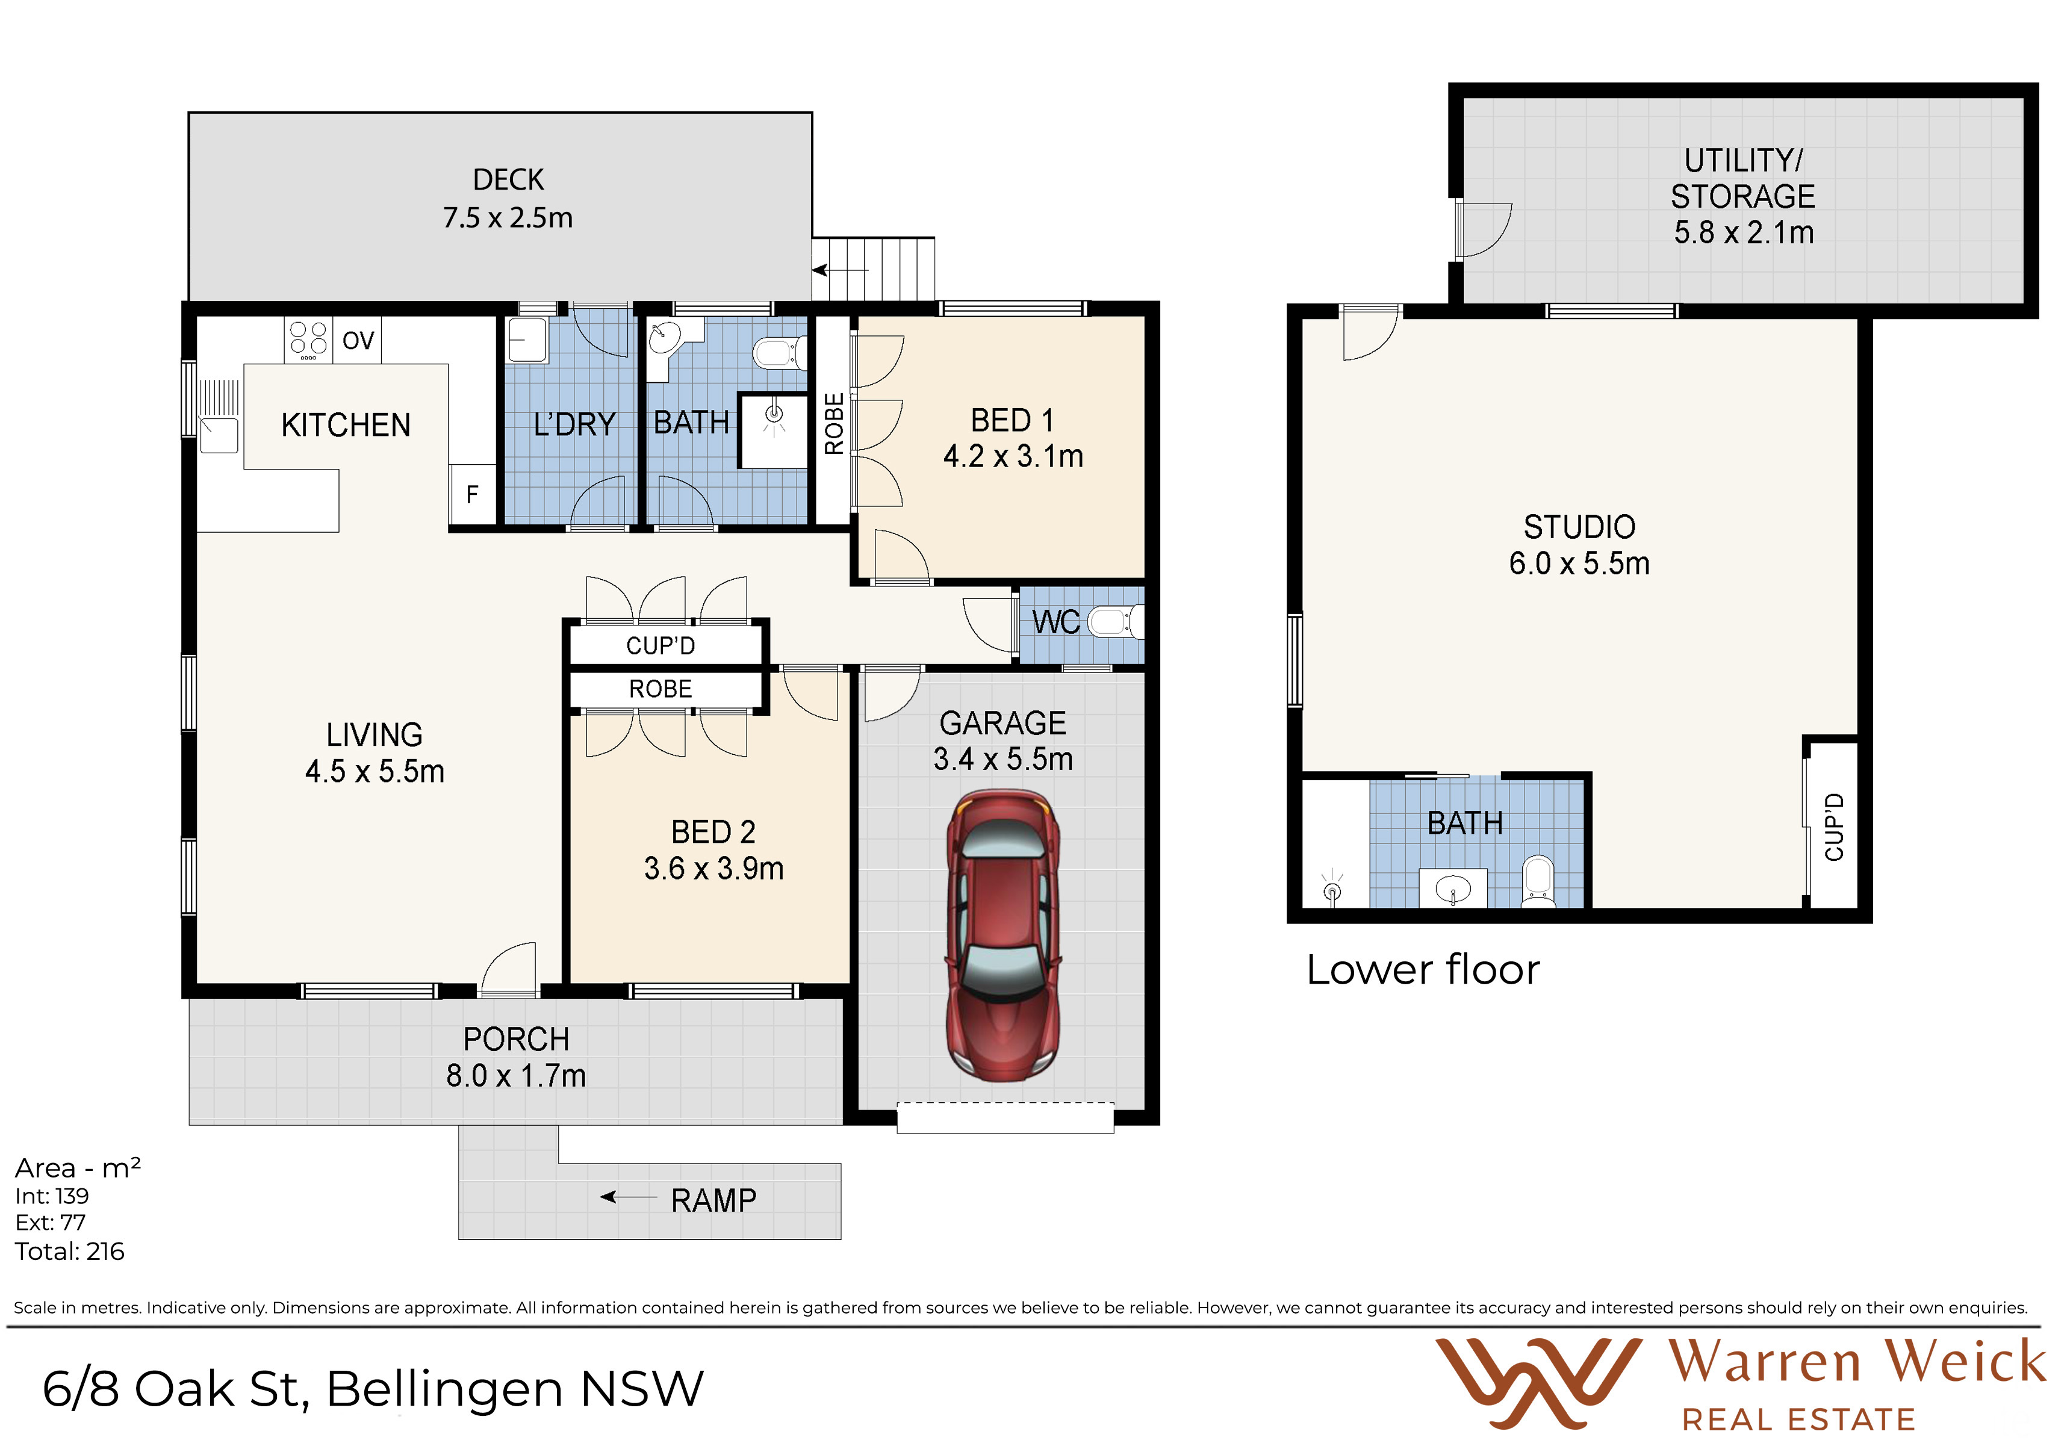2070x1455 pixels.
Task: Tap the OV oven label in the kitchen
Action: tap(358, 341)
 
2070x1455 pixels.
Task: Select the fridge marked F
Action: tap(473, 494)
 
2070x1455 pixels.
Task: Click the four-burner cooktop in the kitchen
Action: tap(308, 340)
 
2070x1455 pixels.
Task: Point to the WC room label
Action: tap(1055, 622)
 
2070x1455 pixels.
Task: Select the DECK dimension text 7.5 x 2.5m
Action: tap(508, 218)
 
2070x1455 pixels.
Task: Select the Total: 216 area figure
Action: tap(69, 1252)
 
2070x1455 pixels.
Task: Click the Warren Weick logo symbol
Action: tap(1538, 1383)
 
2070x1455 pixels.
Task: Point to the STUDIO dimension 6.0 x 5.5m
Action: tap(1579, 563)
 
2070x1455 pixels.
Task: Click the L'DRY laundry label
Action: tap(574, 424)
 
